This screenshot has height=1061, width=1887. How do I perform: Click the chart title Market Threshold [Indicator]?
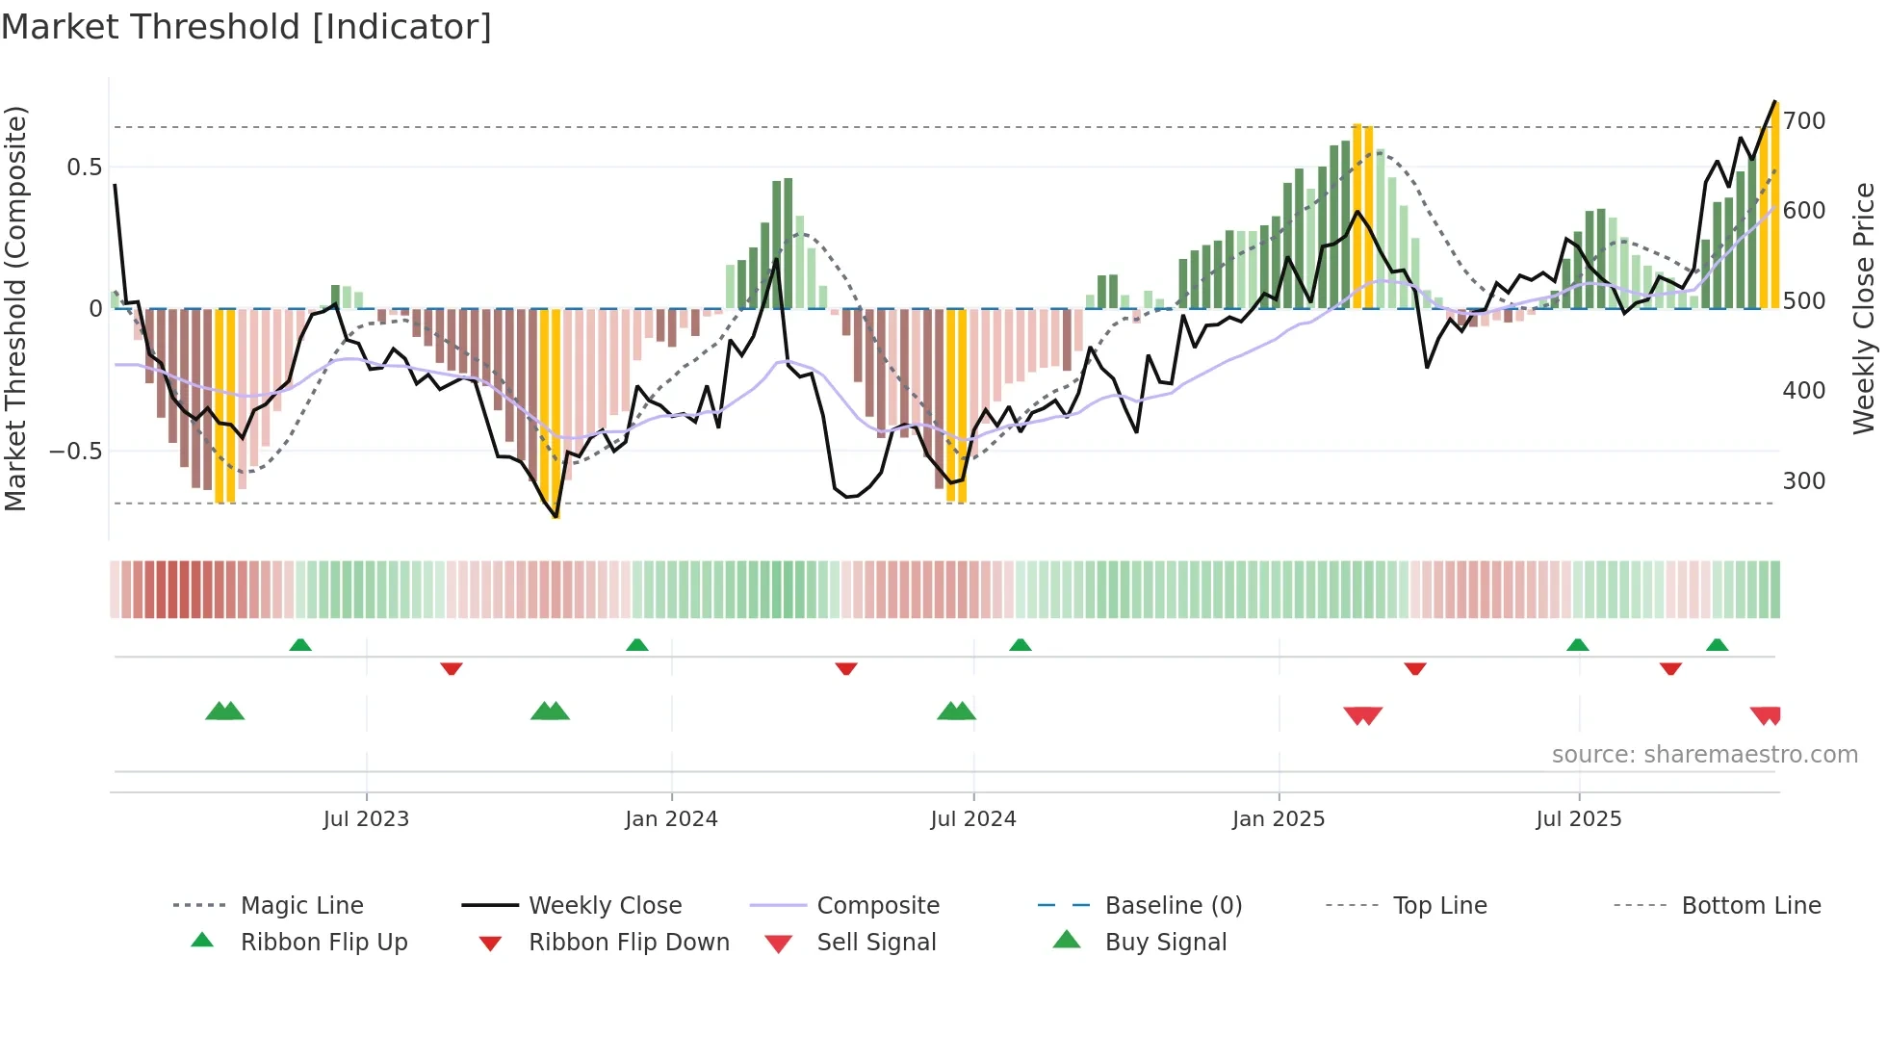tap(246, 27)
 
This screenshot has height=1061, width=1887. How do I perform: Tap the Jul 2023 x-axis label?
tap(366, 819)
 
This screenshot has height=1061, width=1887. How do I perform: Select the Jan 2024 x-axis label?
tap(671, 819)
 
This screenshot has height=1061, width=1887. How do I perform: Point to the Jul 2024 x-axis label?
tap(973, 819)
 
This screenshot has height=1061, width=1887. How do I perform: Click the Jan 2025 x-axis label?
tap(1279, 819)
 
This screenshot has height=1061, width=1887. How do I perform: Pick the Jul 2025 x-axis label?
tap(1579, 819)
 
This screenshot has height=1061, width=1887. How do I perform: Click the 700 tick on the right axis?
tap(1804, 121)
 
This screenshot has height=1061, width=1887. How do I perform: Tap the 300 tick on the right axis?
tap(1804, 481)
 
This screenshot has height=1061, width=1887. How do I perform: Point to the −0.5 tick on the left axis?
tap(76, 452)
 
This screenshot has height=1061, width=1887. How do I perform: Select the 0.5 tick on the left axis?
tap(85, 168)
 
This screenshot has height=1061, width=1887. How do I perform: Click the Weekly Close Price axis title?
tap(1865, 308)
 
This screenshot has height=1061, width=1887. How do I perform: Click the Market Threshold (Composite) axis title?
tap(16, 308)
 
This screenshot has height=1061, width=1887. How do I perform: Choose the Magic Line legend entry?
tap(301, 906)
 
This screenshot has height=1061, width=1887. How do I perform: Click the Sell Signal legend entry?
tap(876, 943)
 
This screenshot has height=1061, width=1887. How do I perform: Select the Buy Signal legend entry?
tap(1165, 943)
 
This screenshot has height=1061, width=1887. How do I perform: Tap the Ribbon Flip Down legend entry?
tap(629, 943)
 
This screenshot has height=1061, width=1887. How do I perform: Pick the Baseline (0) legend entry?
tap(1173, 906)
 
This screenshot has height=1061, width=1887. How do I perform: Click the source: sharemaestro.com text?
tap(1704, 755)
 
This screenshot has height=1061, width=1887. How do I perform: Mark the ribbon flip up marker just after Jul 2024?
tap(1021, 645)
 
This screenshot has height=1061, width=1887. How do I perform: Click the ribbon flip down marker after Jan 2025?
tap(1415, 668)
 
